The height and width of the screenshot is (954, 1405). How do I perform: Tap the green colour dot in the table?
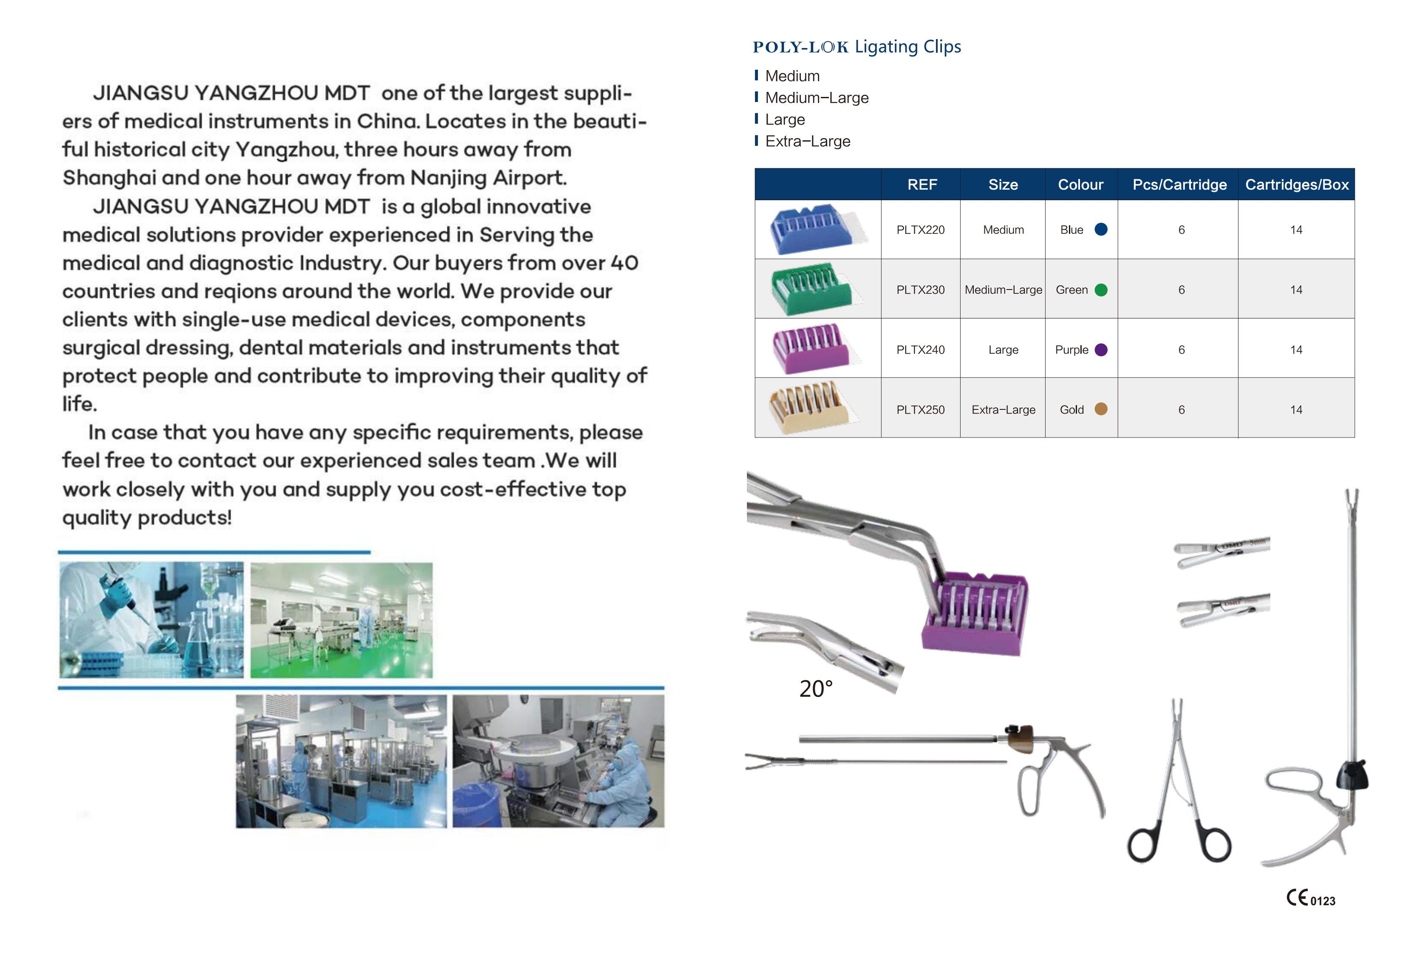[x=1100, y=290]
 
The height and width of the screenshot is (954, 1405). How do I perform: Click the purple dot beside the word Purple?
[x=1100, y=349]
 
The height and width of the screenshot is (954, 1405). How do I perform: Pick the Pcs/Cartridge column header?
[x=1179, y=185]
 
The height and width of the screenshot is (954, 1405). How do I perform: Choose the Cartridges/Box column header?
[x=1296, y=185]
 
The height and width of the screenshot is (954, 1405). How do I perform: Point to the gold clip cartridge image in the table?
[x=810, y=408]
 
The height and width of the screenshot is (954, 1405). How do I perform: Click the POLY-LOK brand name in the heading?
[x=800, y=47]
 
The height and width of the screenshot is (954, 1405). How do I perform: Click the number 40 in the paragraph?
[x=624, y=263]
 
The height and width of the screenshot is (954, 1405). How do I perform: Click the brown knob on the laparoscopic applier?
[x=1021, y=739]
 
